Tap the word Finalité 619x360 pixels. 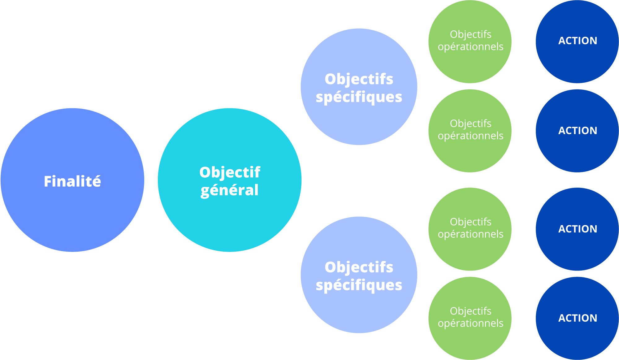pos(72,181)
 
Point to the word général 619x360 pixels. pos(229,190)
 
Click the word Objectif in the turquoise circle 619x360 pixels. pos(230,172)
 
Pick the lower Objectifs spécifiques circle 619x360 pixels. pos(359,306)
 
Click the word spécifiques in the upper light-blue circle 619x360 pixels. pos(359,97)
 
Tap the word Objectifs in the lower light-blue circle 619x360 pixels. pos(359,267)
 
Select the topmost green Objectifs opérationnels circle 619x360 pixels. pos(470,65)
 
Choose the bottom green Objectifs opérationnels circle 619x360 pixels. pos(470,340)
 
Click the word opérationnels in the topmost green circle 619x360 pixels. pos(470,47)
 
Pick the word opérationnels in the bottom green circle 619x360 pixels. pos(470,323)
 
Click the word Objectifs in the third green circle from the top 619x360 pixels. pos(470,222)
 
